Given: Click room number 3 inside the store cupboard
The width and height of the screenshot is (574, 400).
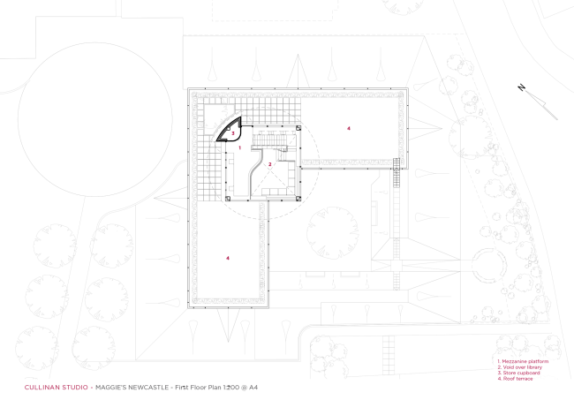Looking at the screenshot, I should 233,133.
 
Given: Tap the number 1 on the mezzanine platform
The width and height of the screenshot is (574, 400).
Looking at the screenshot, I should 239,148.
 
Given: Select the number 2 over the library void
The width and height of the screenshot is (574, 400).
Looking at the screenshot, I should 270,165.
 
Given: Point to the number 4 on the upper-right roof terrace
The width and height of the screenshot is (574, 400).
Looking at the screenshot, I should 348,129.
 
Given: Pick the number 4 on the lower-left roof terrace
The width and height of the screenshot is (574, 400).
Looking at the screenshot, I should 227,258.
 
